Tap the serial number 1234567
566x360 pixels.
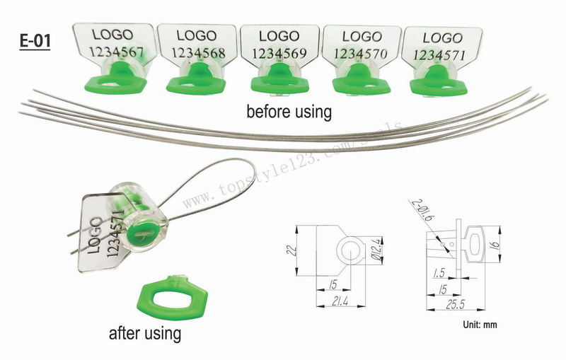(115, 51)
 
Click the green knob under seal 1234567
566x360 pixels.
(115, 80)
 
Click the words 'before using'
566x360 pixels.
(289, 111)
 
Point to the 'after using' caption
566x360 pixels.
(145, 332)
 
